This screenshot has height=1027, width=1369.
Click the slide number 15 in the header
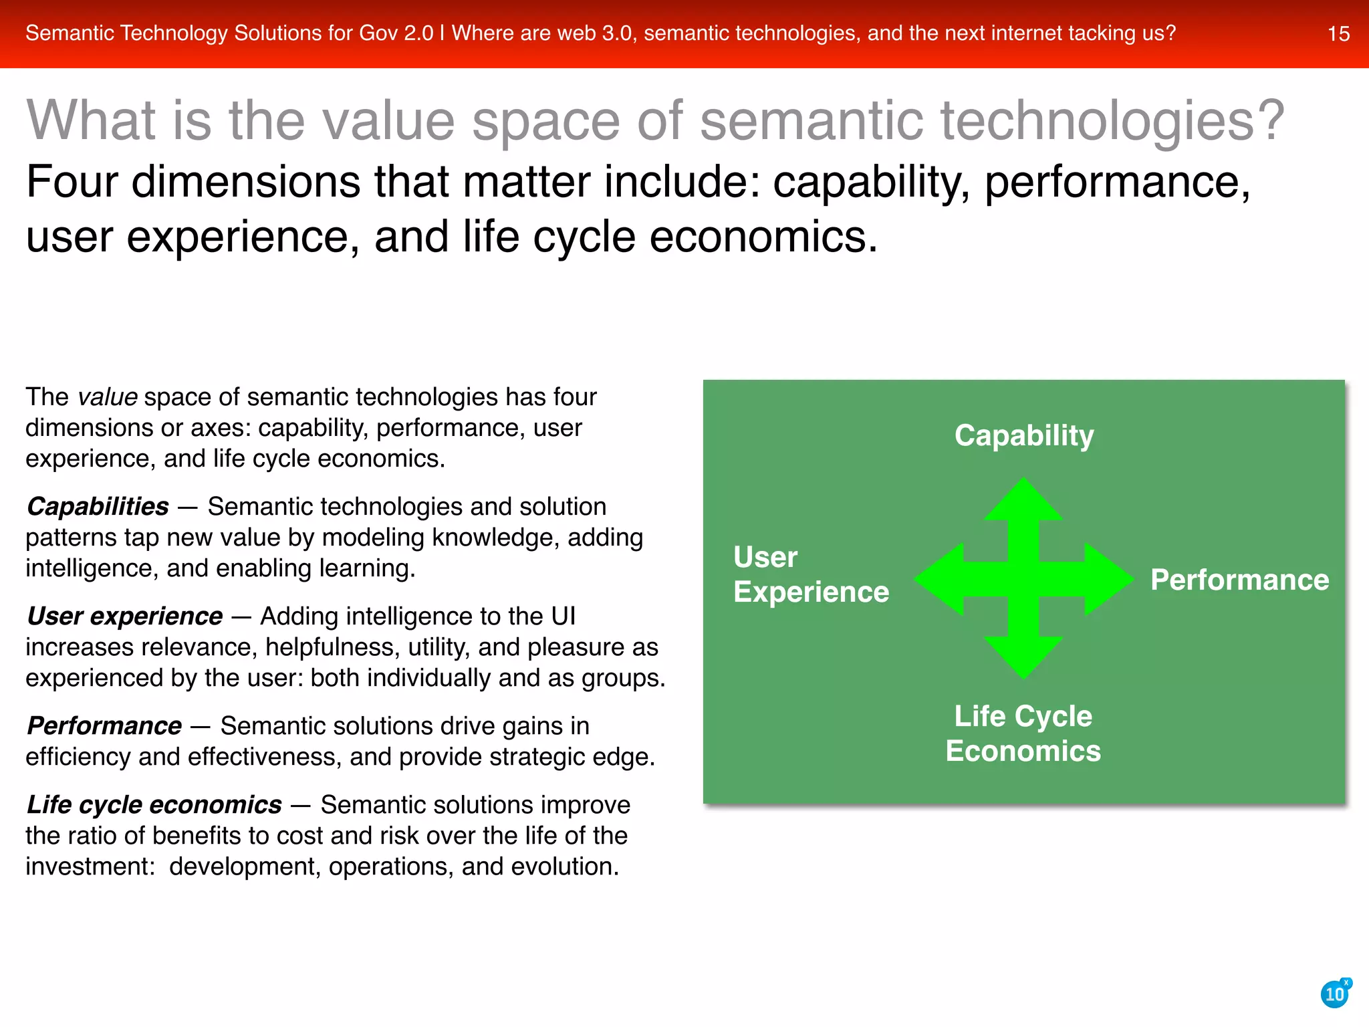(x=1338, y=33)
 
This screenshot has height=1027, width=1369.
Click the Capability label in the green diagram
(x=1024, y=435)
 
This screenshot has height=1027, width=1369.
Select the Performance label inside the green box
(x=1239, y=580)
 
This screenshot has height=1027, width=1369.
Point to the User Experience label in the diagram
(x=811, y=574)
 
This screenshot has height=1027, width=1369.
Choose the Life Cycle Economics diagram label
(x=1023, y=733)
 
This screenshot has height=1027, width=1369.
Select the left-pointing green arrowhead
(x=939, y=579)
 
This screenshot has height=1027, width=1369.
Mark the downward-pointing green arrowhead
(x=1023, y=658)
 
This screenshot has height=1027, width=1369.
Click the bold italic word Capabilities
(x=98, y=507)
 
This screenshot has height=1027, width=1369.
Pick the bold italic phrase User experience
(x=124, y=616)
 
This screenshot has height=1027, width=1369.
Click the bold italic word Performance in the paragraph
(x=104, y=726)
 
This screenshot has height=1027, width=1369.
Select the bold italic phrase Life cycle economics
(x=154, y=805)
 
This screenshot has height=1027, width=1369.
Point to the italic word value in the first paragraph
(x=108, y=397)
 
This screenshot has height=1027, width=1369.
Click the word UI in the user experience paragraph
(x=563, y=616)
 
